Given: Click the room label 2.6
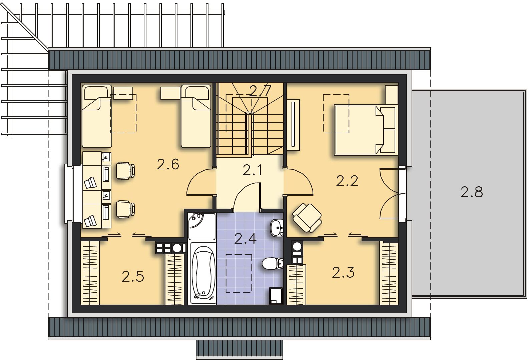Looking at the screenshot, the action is [x=168, y=164].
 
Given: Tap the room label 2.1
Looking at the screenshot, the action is [x=252, y=170].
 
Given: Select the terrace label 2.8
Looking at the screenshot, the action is [x=472, y=192].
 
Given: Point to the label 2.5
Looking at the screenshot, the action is [x=133, y=277].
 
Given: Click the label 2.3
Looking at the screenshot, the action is [x=343, y=272].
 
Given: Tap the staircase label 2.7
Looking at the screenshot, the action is [x=260, y=91].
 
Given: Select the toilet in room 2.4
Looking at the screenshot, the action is [x=273, y=264].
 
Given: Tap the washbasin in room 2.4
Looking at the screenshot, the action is [x=277, y=228].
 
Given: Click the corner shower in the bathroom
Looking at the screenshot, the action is [x=202, y=226].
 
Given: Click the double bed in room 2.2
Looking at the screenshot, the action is [x=366, y=130].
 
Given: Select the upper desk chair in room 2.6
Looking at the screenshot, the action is [x=125, y=170].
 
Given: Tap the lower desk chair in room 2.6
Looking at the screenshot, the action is [x=125, y=209].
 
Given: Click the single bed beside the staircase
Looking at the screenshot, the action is [x=196, y=116].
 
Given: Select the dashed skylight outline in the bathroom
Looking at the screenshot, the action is [x=239, y=273].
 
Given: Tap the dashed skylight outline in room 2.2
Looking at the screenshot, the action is [x=336, y=114].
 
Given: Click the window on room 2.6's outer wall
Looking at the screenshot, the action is [x=69, y=194].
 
